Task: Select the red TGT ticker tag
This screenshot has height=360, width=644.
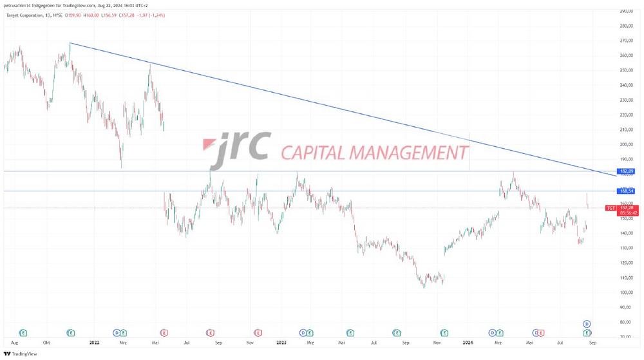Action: pyautogui.click(x=611, y=208)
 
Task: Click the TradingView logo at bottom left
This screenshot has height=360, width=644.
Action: pyautogui.click(x=20, y=354)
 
